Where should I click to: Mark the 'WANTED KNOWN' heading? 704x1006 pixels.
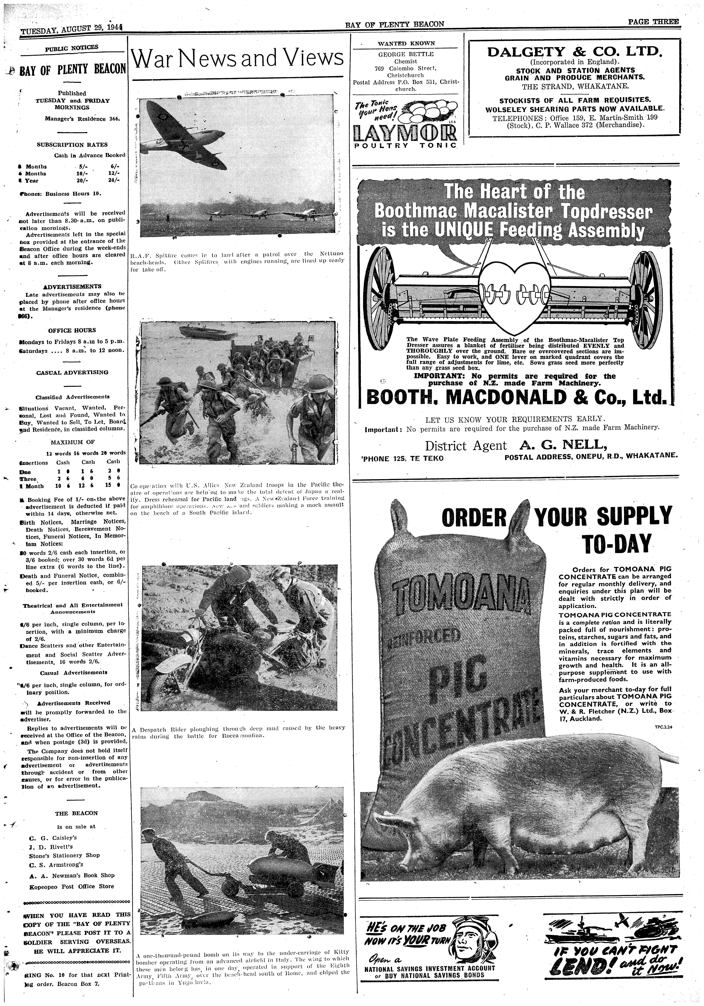(406, 43)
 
